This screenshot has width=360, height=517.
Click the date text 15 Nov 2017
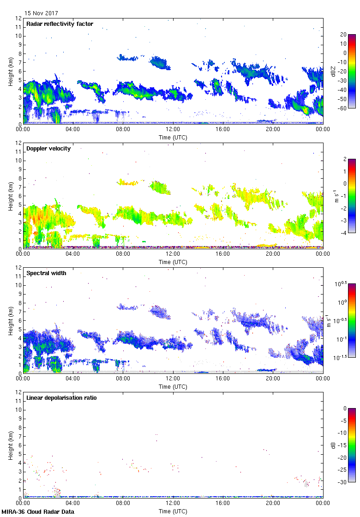(x=42, y=13)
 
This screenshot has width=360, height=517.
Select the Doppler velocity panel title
(x=48, y=149)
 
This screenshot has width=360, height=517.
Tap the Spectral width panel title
(x=46, y=273)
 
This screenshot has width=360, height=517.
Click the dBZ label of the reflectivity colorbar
(x=333, y=71)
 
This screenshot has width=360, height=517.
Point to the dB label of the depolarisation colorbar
(x=333, y=445)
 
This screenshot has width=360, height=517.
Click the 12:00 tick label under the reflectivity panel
(x=173, y=129)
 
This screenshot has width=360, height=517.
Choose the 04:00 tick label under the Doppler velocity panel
(x=73, y=254)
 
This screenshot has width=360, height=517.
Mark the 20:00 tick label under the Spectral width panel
(x=273, y=379)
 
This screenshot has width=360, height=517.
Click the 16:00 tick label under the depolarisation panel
(x=223, y=503)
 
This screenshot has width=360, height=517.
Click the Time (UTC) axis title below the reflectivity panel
(x=173, y=137)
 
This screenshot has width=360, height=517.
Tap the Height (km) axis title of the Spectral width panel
(x=10, y=320)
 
